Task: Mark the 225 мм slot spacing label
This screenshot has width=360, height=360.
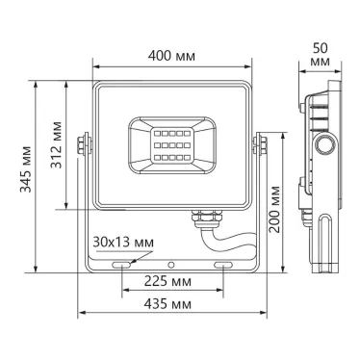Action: tap(174, 283)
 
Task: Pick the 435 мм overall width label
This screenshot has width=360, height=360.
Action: tap(174, 305)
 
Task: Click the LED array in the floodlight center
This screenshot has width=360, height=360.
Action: tap(174, 142)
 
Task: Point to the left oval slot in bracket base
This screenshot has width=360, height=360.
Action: tap(122, 262)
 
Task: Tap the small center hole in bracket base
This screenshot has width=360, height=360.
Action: tap(174, 262)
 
